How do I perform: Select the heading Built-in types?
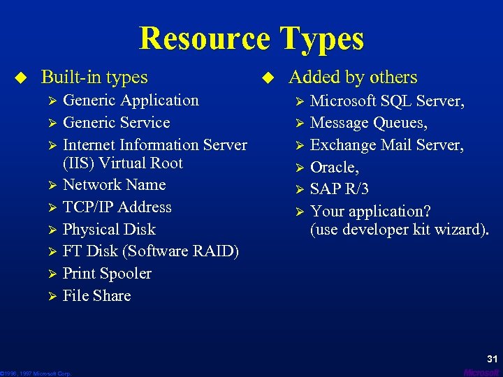point(94,77)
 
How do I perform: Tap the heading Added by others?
point(353,77)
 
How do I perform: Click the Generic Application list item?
point(131,101)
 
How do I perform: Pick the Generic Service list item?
point(116,123)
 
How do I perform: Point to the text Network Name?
point(114,185)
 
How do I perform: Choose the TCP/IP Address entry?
point(117,207)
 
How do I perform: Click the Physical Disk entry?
point(109,230)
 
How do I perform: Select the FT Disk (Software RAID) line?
point(150,251)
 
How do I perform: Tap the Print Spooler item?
point(107,274)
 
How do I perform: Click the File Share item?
point(96,296)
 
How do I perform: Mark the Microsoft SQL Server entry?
point(387,101)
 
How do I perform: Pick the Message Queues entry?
point(369,124)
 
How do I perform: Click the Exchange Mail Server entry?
point(386,145)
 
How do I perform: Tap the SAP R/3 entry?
point(339,189)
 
